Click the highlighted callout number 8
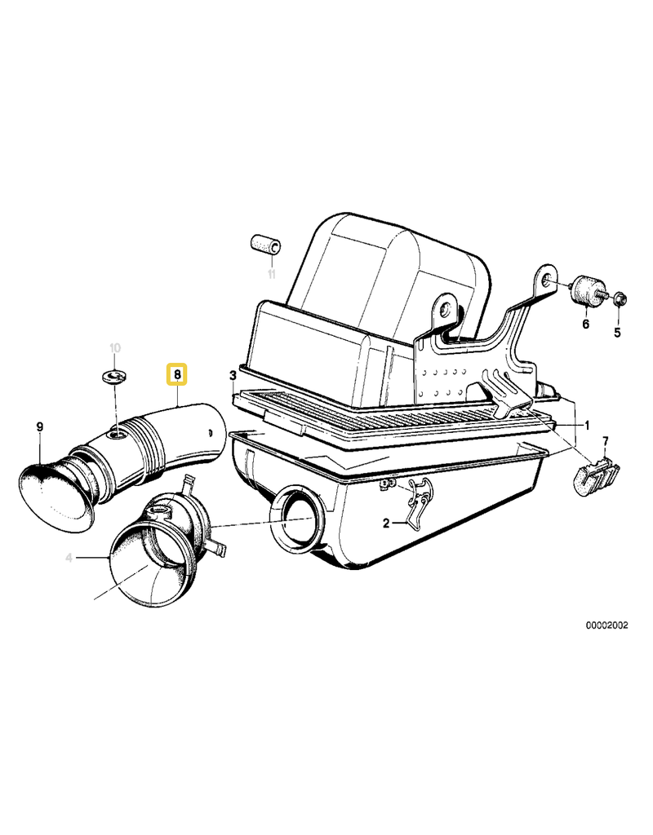click(177, 374)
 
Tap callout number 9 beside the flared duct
click(40, 427)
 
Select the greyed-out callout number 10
click(114, 348)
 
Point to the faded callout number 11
click(272, 275)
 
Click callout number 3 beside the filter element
click(233, 376)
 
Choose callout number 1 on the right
click(587, 426)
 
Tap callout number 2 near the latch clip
click(386, 524)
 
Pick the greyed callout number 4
click(69, 558)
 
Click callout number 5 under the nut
click(617, 333)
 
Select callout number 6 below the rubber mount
click(586, 324)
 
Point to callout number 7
click(605, 441)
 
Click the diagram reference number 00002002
click(607, 625)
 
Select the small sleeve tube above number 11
click(266, 245)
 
